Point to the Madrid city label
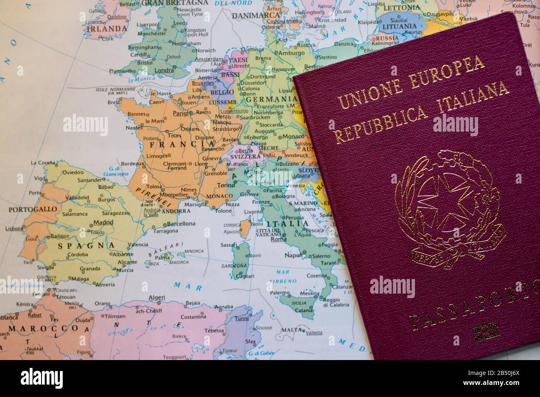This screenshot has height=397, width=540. click(x=103, y=222)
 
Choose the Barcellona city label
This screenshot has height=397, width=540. click(x=181, y=223)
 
